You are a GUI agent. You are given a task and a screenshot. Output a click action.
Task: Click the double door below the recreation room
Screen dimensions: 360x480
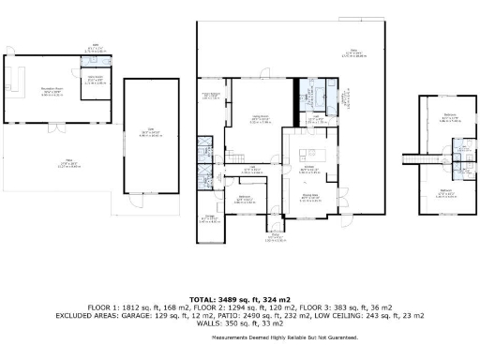coord(58,126)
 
